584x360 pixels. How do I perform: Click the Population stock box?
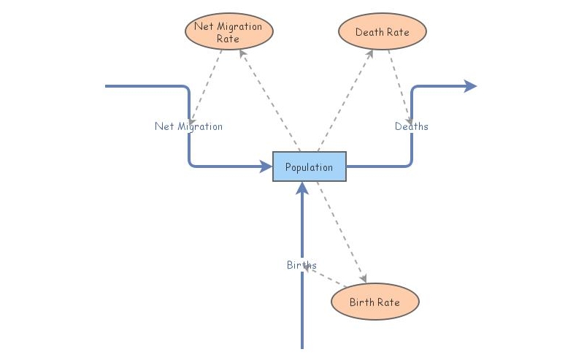tap(309, 166)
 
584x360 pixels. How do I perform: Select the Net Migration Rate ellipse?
tap(228, 31)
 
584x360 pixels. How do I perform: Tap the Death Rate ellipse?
tap(382, 32)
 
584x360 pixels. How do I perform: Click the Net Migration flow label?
tap(188, 126)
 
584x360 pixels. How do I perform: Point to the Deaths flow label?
tap(411, 126)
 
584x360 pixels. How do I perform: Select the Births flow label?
tap(301, 265)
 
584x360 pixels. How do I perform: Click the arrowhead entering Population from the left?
tap(266, 166)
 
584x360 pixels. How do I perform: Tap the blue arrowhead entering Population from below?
tap(301, 188)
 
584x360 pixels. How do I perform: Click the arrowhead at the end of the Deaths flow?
tap(471, 86)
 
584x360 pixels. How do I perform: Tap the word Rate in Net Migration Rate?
tap(228, 39)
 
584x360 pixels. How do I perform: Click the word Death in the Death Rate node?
tap(369, 32)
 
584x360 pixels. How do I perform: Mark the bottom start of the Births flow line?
tap(301, 347)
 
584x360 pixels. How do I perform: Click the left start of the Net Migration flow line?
tap(107, 86)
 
